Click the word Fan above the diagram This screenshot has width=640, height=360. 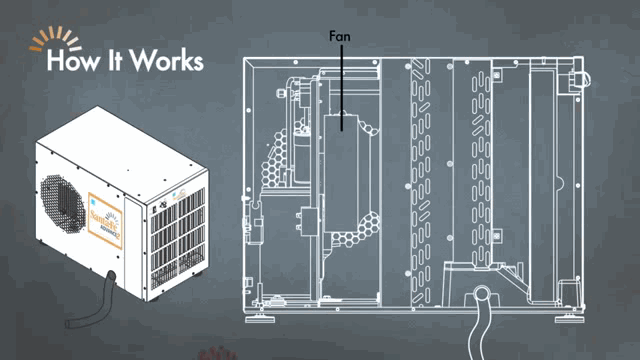tap(340, 36)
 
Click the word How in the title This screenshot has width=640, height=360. tap(73, 60)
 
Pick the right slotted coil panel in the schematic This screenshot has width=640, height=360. tap(475, 160)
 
